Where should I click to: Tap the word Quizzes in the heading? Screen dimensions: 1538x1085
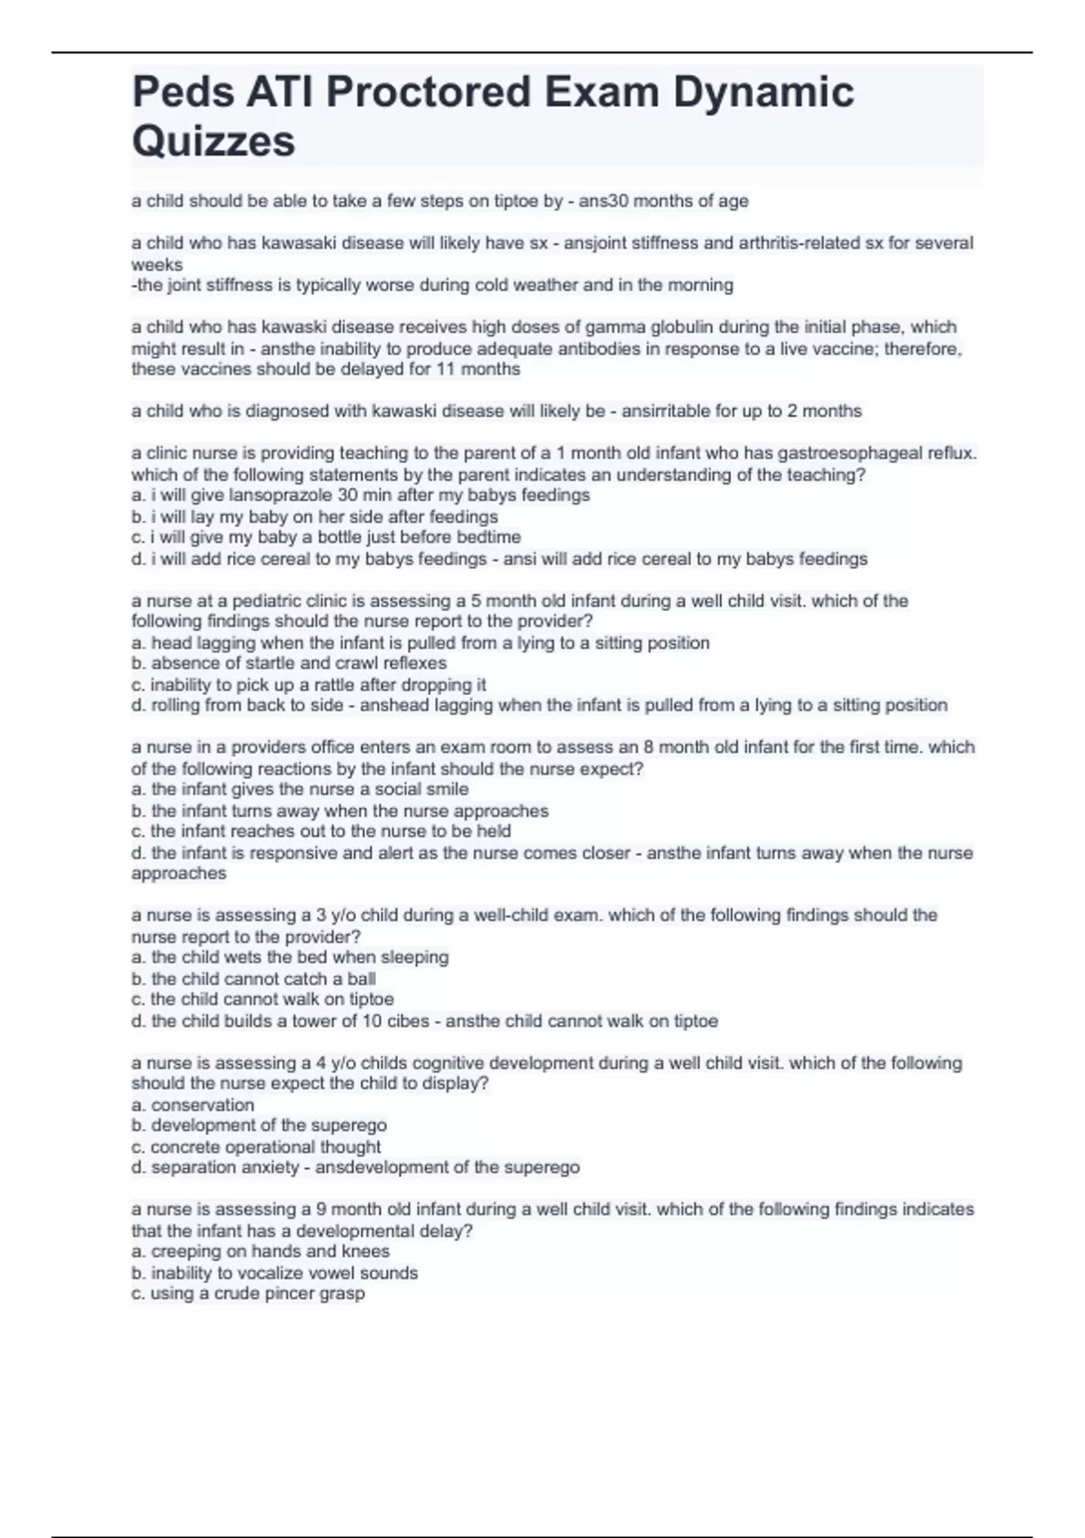213,141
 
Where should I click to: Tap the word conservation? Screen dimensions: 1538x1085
203,1105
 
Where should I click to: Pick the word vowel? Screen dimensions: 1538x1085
326,1273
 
